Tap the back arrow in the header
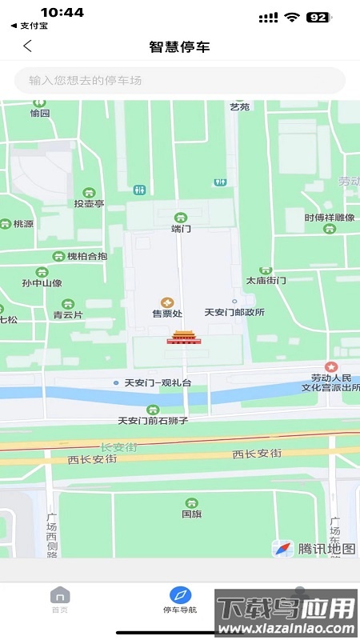(27, 46)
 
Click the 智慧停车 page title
(179, 46)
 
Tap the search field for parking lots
(179, 80)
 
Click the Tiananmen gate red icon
(182, 337)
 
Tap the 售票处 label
(166, 314)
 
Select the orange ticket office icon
(166, 302)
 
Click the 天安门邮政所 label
(234, 313)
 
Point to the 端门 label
(182, 229)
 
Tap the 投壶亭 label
(89, 204)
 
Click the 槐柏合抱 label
(86, 256)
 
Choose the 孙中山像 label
(42, 283)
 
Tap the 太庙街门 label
(266, 281)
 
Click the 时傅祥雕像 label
(330, 218)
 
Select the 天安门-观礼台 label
(157, 383)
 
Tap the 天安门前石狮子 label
(152, 420)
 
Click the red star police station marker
(330, 365)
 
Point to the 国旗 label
(191, 514)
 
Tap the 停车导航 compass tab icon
(180, 595)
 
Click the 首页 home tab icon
(60, 595)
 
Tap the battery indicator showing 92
(318, 17)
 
